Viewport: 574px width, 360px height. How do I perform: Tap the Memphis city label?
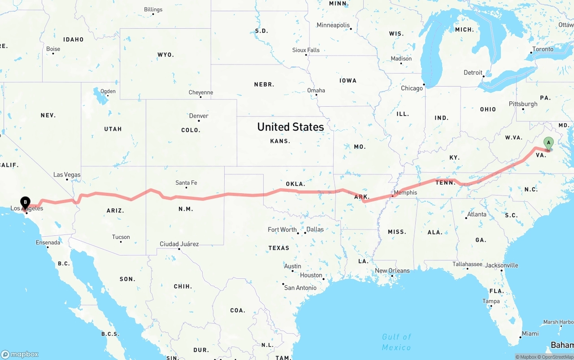[x=405, y=193]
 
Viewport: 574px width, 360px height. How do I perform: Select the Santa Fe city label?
[x=186, y=183]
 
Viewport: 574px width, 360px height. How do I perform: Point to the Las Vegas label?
[x=67, y=175]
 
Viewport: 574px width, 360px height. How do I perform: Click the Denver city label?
[x=199, y=116]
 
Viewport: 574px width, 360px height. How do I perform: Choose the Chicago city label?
[x=412, y=88]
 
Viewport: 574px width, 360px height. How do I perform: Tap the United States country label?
[x=291, y=127]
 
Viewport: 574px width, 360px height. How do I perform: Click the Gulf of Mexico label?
[x=396, y=342]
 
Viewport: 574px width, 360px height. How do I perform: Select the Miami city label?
[x=530, y=334]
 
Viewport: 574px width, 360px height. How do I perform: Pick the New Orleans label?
[x=392, y=271]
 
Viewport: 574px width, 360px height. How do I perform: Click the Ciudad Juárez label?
[x=179, y=244]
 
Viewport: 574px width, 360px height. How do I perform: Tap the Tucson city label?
[x=121, y=237]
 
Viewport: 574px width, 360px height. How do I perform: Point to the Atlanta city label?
[x=477, y=214]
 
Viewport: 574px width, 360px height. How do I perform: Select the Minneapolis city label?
[x=333, y=25]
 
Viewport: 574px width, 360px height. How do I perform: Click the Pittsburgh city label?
[x=523, y=104]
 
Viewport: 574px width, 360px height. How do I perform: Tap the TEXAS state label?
[x=279, y=248]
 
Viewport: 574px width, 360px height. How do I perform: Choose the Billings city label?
[x=153, y=9]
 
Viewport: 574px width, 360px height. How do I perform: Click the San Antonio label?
[x=300, y=288]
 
